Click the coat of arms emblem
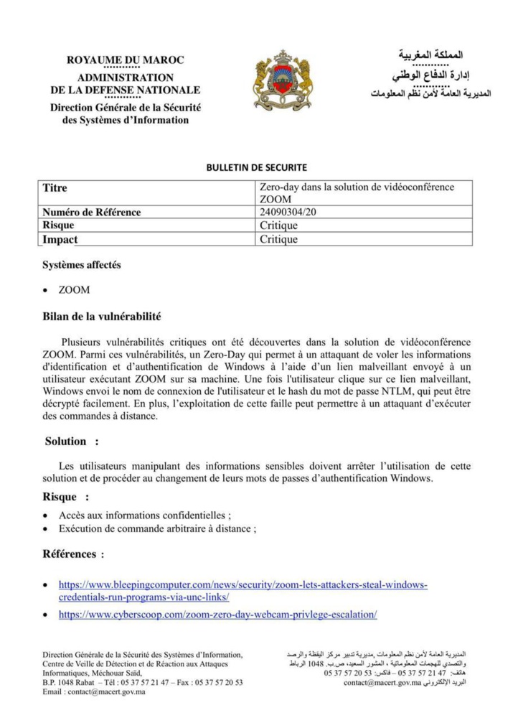pos(283,80)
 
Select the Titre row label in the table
pos(55,188)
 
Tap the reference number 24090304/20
pos(290,213)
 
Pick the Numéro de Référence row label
pos(91,213)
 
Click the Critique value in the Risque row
pos(278,225)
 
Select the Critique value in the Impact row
pos(278,239)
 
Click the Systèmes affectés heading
pos(82,265)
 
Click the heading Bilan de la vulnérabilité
pos(102,317)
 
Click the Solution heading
pos(66,442)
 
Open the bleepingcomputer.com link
pos(242,585)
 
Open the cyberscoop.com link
pos(217,615)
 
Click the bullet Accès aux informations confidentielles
pos(145,516)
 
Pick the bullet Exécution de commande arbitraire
pos(157,529)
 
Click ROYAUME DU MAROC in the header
pos(126,60)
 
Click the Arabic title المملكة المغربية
pos(430,55)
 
